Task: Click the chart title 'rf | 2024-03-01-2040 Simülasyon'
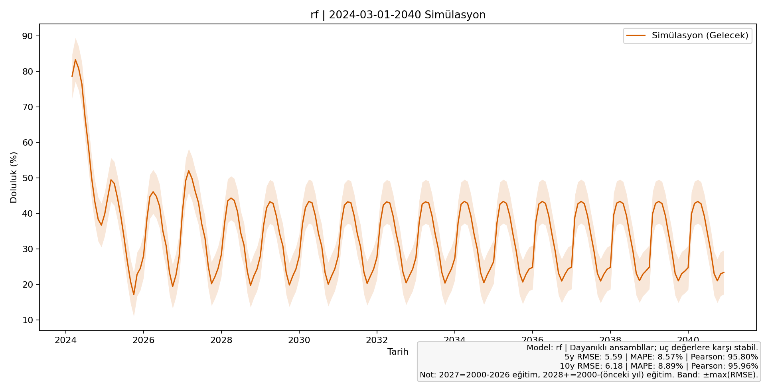[x=398, y=15]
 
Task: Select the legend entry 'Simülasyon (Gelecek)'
[x=700, y=36]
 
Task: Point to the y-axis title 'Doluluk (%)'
[x=14, y=177]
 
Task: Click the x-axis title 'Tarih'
[x=398, y=352]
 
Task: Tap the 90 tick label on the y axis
[x=28, y=36]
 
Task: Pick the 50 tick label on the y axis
[x=28, y=178]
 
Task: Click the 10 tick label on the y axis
[x=28, y=320]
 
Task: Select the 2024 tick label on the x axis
[x=66, y=340]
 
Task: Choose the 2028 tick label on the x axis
[x=221, y=340]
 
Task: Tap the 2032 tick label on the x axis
[x=377, y=340]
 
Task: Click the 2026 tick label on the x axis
[x=144, y=340]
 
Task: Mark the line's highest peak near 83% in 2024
[x=75, y=60]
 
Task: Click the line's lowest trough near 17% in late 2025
[x=134, y=294]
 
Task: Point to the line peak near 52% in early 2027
[x=189, y=171]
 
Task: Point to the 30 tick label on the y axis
[x=28, y=249]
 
